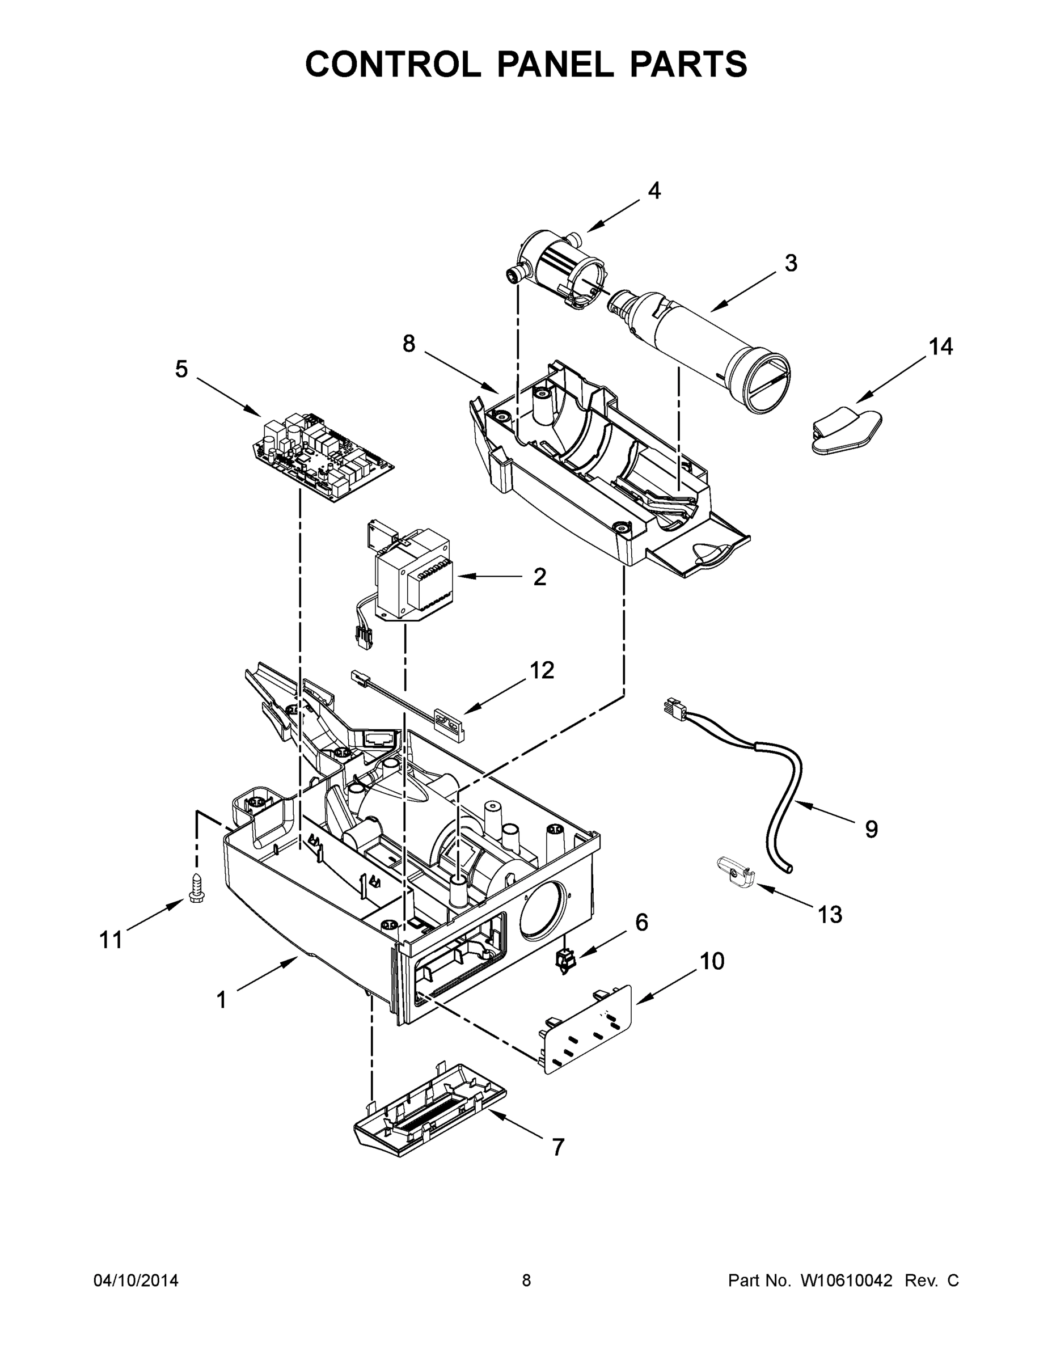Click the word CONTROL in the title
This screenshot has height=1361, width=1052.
click(393, 64)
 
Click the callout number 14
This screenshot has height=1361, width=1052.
click(940, 346)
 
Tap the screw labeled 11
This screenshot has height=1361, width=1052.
click(194, 897)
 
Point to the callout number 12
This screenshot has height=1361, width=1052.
click(541, 670)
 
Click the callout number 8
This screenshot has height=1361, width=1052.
click(408, 344)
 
